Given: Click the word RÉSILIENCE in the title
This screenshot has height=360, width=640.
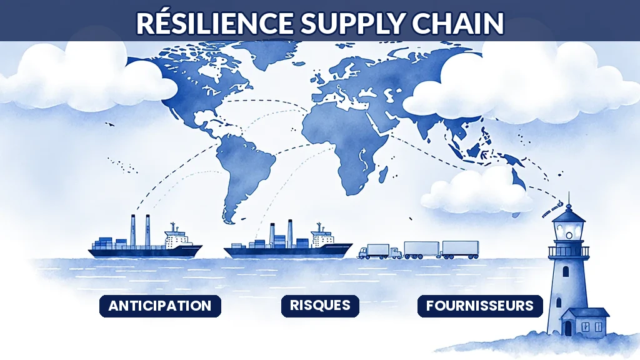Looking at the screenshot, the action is (x=215, y=23).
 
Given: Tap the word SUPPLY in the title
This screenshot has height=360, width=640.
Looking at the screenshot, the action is (x=352, y=24).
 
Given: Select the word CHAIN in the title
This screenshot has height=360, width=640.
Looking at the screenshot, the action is (x=457, y=23).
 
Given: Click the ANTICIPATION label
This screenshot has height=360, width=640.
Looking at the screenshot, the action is (x=160, y=306).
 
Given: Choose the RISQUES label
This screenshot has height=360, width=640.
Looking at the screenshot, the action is (x=320, y=305).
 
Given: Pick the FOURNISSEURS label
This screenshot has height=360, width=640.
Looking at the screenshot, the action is (x=480, y=306).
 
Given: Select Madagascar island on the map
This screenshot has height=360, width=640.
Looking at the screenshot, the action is (x=383, y=174).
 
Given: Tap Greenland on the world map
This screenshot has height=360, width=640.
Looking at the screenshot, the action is (x=274, y=55).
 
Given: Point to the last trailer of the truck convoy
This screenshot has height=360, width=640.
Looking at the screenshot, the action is (x=461, y=249).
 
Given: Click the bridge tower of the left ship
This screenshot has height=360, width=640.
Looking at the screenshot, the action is (x=177, y=237).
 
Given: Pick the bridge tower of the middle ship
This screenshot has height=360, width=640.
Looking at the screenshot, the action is (x=322, y=236).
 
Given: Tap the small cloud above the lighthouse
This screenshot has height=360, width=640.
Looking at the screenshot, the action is (x=476, y=192).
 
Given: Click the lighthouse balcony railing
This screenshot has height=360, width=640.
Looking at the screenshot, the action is (x=569, y=251).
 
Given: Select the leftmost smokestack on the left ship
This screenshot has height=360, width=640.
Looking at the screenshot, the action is (x=133, y=231).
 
